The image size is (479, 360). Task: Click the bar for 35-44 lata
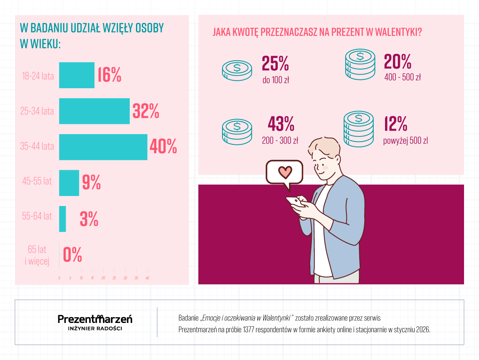[103, 147]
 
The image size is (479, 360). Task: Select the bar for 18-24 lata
[77, 75]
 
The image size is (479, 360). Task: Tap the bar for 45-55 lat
[69, 183]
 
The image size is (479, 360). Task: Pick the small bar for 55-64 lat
[62, 219]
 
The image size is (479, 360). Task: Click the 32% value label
[146, 111]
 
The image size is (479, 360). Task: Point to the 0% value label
[72, 255]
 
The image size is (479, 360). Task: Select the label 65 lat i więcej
[37, 255]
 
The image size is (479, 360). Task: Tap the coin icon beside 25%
[237, 69]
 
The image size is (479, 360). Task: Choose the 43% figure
[281, 124]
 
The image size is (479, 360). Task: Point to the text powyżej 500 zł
[405, 141]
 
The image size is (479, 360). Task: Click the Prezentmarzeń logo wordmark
[95, 319]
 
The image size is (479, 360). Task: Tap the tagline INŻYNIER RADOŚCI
[95, 328]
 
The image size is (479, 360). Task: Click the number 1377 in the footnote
[240, 330]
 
